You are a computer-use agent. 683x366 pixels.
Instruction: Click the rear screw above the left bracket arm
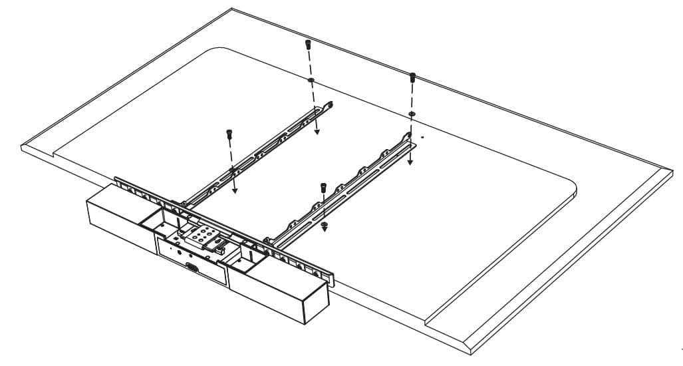click(x=308, y=45)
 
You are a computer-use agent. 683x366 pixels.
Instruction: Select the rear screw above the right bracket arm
click(x=412, y=77)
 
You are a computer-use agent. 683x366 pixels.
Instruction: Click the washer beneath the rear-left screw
click(x=311, y=80)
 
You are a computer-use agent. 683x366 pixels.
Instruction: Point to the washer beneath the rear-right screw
click(x=412, y=115)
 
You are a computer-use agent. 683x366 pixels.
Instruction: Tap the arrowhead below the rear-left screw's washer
click(x=317, y=132)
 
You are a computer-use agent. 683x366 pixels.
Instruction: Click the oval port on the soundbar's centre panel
click(x=191, y=267)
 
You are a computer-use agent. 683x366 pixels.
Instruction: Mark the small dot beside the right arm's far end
click(x=422, y=139)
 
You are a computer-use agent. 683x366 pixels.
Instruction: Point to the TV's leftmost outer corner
click(x=21, y=148)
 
